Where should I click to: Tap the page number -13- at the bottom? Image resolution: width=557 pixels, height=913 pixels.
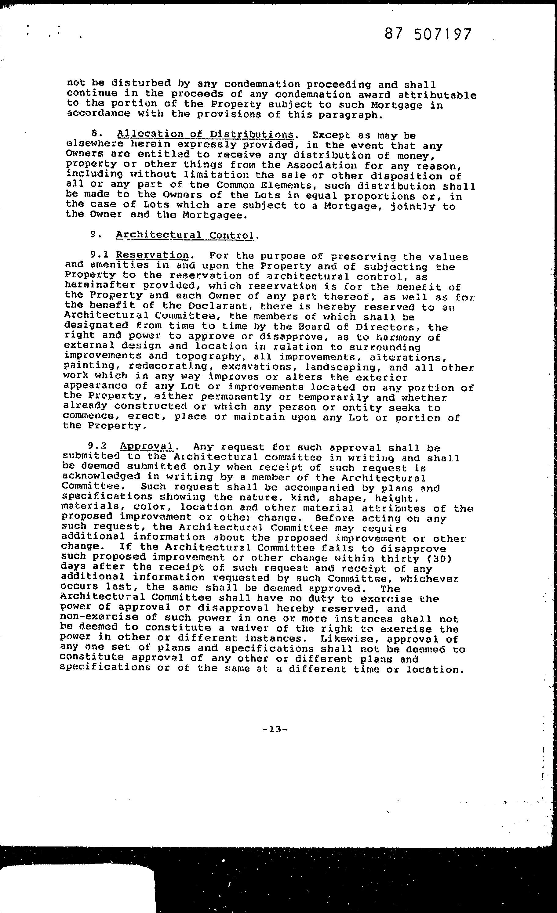click(275, 730)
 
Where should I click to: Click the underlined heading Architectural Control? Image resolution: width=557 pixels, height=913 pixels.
click(185, 235)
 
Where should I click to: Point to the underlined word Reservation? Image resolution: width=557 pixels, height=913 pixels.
click(152, 255)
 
